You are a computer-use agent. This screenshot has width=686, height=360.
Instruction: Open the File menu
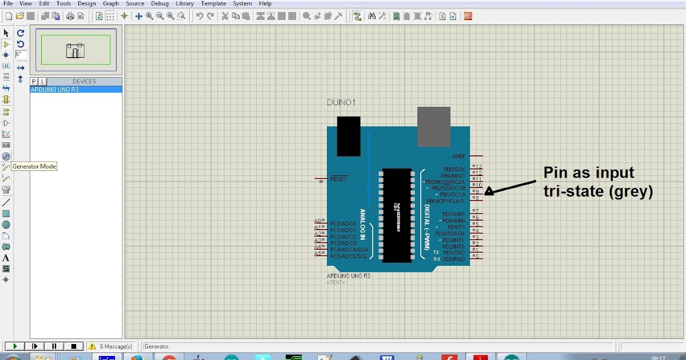(x=8, y=3)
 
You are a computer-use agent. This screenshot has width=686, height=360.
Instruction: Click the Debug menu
(x=159, y=3)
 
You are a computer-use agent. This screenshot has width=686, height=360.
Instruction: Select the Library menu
(x=185, y=3)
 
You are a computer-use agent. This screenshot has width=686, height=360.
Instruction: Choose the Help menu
(x=265, y=3)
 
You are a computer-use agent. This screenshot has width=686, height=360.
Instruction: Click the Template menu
(x=213, y=3)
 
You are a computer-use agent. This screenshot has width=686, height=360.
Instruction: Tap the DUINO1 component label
(x=341, y=103)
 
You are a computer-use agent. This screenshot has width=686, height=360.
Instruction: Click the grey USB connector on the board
(x=434, y=126)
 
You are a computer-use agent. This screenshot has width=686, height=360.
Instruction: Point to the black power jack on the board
(x=349, y=136)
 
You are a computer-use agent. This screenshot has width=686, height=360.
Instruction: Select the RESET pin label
(x=338, y=179)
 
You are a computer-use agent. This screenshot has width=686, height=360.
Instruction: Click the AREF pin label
(x=459, y=156)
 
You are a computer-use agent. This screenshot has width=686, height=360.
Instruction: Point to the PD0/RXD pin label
(x=454, y=259)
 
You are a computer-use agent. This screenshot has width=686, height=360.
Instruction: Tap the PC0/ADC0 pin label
(x=343, y=223)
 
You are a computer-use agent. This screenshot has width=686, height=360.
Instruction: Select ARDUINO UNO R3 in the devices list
(x=55, y=90)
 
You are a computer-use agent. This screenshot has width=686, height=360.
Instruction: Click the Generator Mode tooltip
(x=34, y=166)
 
